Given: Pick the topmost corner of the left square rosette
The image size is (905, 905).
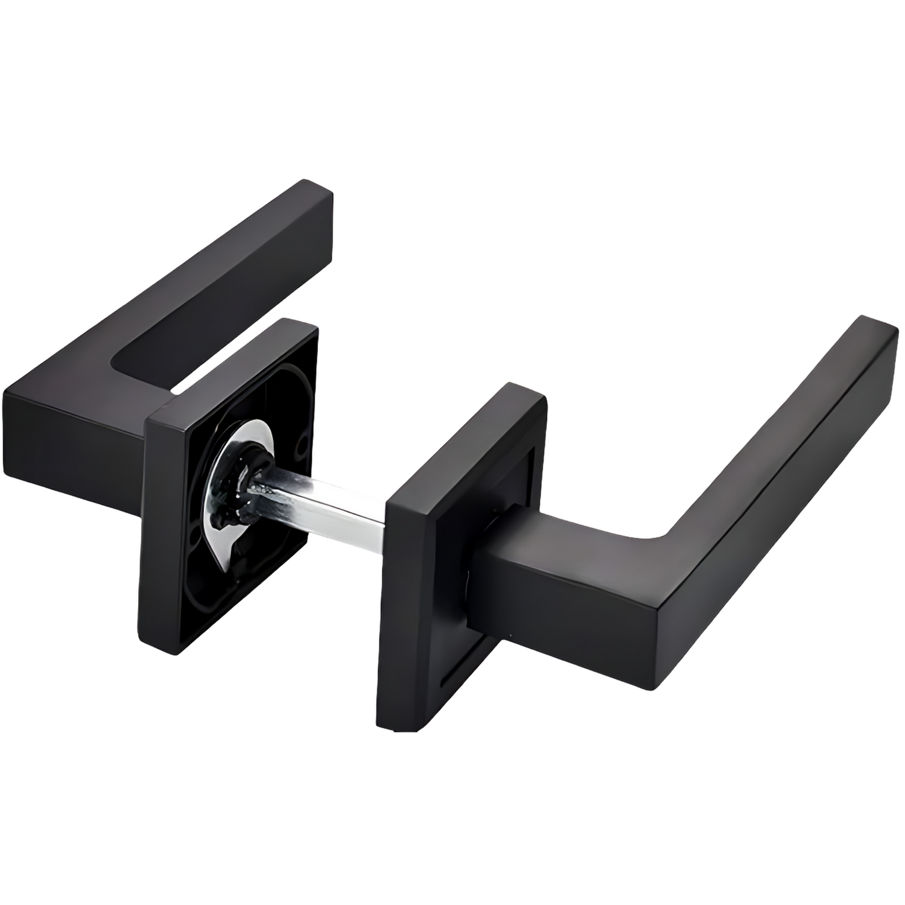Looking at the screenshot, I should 302,323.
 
